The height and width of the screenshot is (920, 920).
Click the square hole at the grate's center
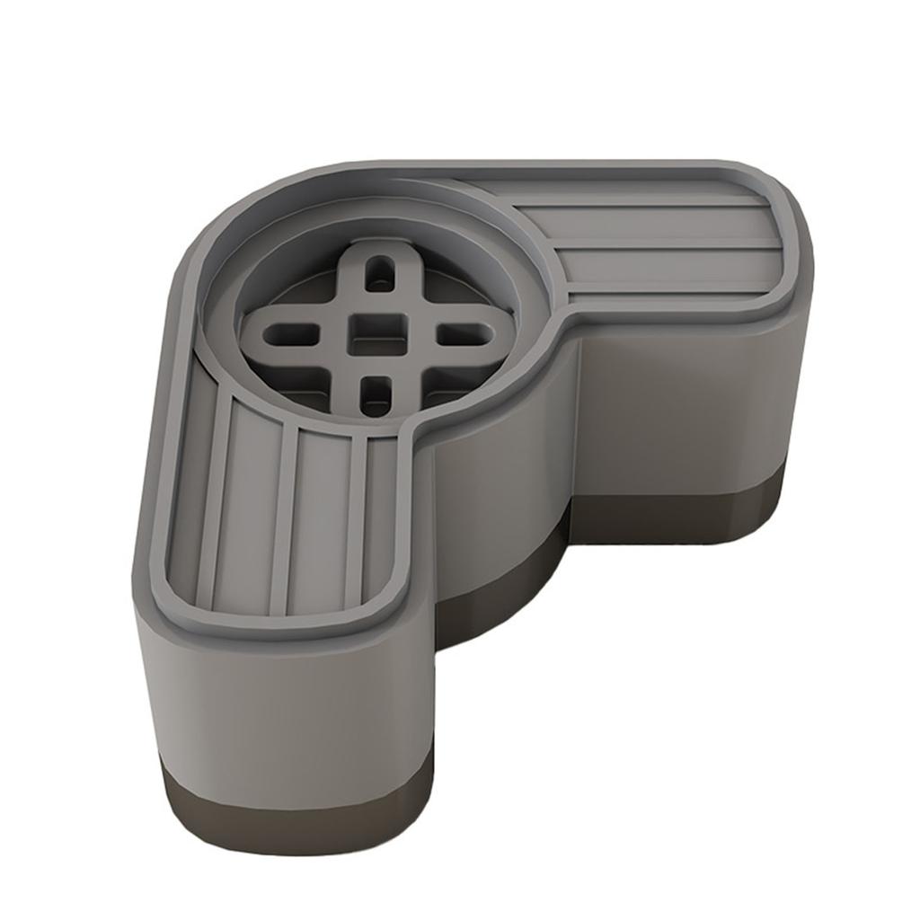point(370,332)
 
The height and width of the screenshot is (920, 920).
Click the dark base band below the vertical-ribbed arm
point(287,813)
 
